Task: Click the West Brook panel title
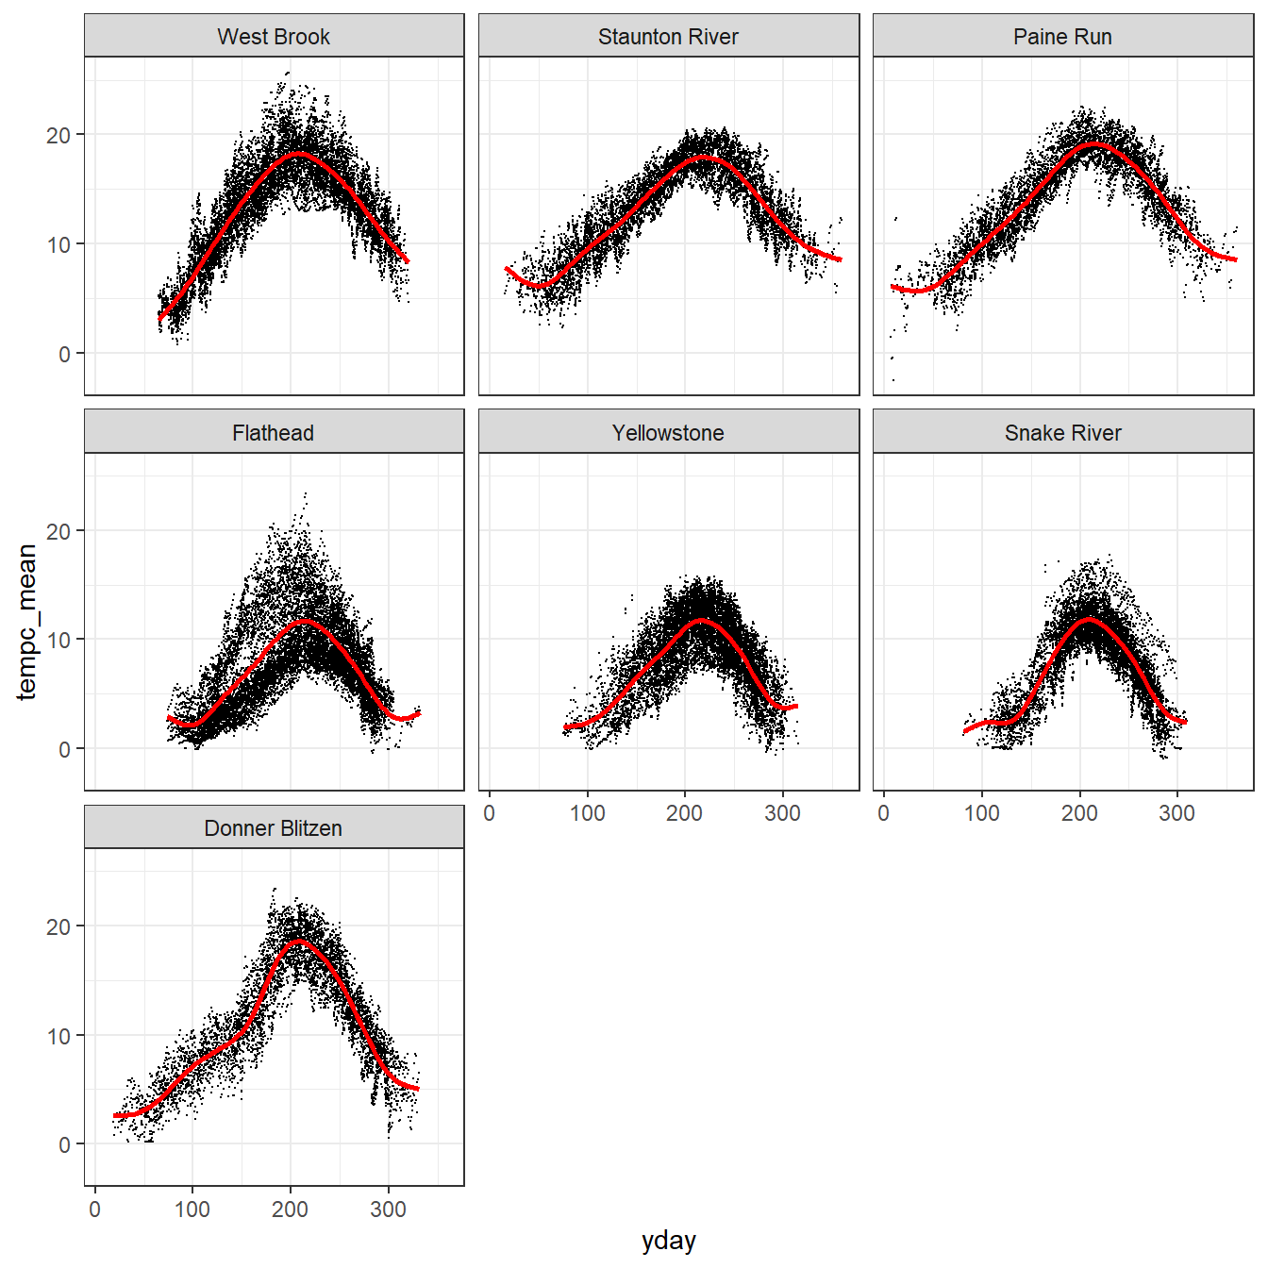274,37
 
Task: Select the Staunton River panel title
668,37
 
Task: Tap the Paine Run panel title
1062,37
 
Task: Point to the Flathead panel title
274,433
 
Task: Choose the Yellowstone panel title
668,433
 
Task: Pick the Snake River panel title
1062,433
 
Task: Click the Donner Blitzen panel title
274,828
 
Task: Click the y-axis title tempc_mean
26,622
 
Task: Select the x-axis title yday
668,1241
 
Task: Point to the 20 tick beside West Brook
58,135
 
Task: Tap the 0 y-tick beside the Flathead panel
64,749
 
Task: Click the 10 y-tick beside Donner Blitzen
58,1036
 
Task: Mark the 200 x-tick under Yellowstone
684,813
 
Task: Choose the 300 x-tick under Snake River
1176,813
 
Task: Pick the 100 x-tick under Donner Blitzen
192,1210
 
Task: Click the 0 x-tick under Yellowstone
489,813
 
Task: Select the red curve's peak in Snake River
1089,620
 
